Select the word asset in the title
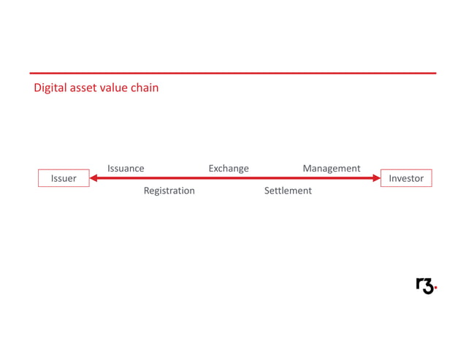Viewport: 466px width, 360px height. [85, 88]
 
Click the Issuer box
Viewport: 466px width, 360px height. [64, 178]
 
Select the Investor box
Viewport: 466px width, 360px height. [406, 178]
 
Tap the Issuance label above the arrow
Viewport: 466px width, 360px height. [126, 169]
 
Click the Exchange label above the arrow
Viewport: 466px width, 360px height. [229, 169]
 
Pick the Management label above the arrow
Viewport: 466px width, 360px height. [332, 169]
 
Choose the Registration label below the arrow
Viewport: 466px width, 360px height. [169, 191]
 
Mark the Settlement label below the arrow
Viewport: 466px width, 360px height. [288, 191]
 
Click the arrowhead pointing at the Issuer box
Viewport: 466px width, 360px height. [93, 178]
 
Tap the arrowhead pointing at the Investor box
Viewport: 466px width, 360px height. [376, 178]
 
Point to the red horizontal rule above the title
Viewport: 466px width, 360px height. [233, 73]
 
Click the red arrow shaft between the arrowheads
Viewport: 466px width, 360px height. [234, 178]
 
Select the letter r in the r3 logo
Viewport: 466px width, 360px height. [420, 285]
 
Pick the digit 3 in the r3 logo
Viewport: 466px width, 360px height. [429, 286]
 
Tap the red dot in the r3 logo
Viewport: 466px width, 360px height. [435, 290]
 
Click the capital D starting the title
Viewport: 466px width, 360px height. [37, 88]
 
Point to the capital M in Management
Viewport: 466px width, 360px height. [308, 169]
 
